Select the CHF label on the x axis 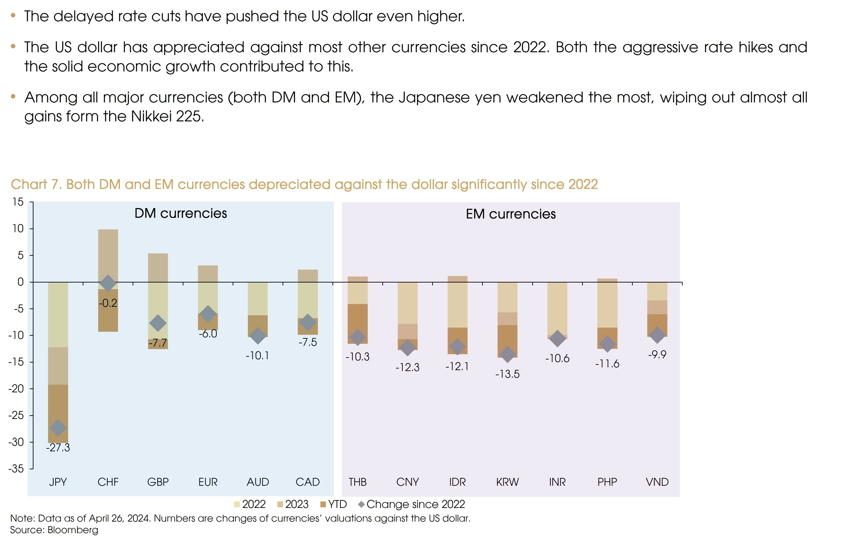pyautogui.click(x=108, y=482)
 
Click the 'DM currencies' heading pyautogui.click(x=181, y=213)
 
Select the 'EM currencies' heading pyautogui.click(x=511, y=214)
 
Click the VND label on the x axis pyautogui.click(x=657, y=482)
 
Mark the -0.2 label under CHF pyautogui.click(x=108, y=303)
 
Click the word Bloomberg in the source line pyautogui.click(x=73, y=530)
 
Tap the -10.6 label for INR pyautogui.click(x=557, y=358)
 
